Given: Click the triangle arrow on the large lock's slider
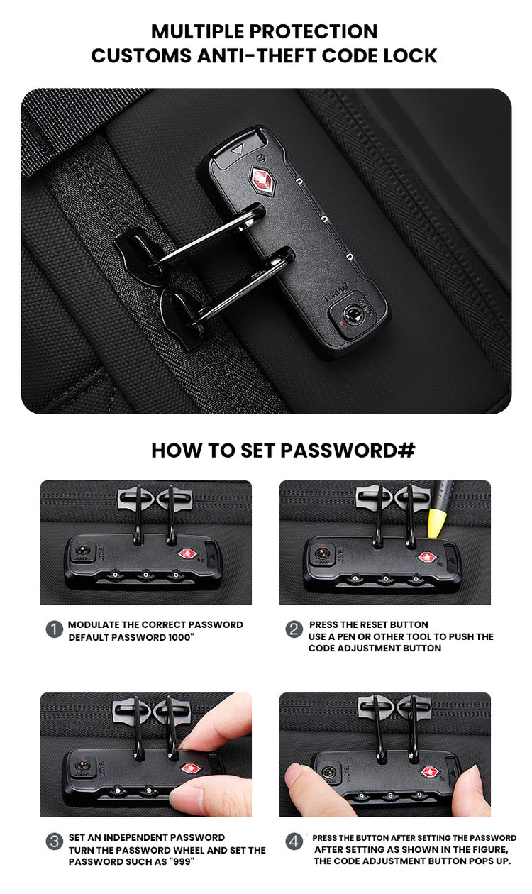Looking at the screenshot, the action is pos(238,150).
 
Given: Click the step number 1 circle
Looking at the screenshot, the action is pos(55,629).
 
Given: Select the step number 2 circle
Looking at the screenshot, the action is pos(294,629).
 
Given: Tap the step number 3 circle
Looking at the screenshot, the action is pos(55,841).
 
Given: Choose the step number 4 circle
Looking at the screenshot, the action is pos(294,841).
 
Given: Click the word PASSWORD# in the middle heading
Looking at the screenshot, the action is pos(348,451).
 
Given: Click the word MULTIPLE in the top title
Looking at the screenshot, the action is pos(198,31).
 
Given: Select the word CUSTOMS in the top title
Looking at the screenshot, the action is pos(141,55).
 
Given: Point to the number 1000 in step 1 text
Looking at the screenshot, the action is pos(179,637).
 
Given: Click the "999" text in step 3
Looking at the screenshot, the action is pos(182,861).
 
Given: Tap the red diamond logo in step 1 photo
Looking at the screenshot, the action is pos(187,554).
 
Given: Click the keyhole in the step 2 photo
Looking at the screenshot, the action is pos(322,553).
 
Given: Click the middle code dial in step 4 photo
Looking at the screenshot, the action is pos(390,795).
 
